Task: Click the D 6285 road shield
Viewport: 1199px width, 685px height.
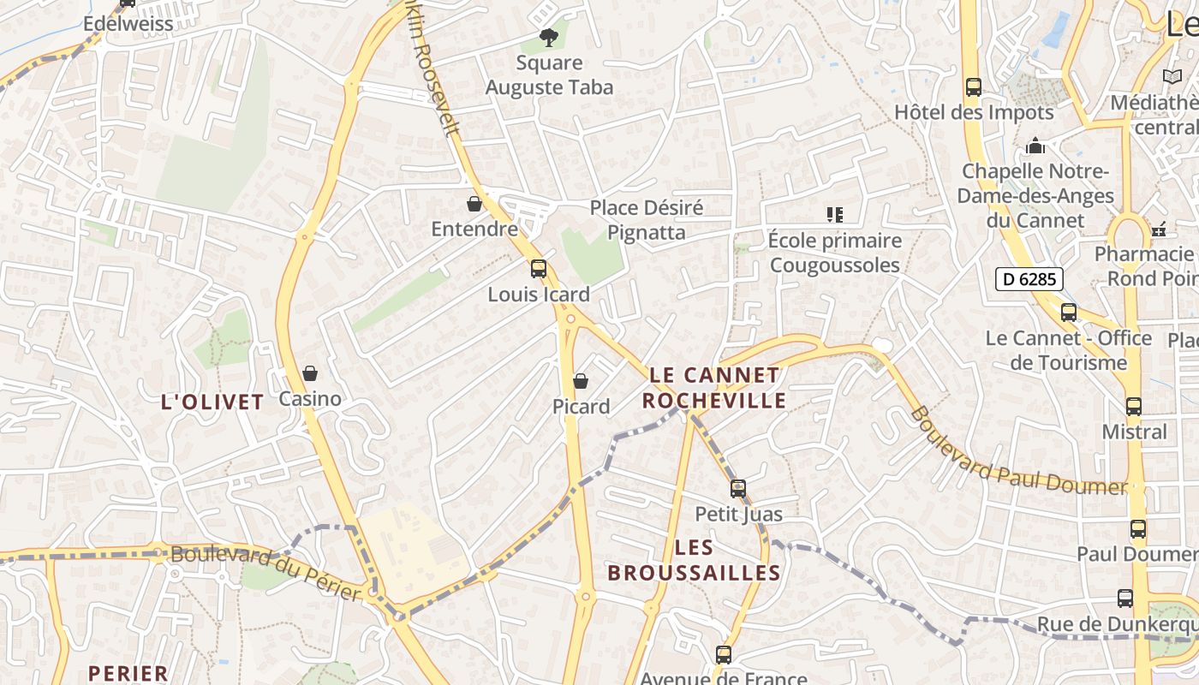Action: pyautogui.click(x=1029, y=278)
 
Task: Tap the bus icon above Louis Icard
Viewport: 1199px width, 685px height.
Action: pyautogui.click(x=538, y=269)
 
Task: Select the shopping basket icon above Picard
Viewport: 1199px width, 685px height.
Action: pyautogui.click(x=581, y=381)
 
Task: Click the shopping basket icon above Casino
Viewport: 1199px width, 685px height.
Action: pyautogui.click(x=310, y=373)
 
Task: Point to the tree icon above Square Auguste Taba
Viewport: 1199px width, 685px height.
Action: pyautogui.click(x=549, y=37)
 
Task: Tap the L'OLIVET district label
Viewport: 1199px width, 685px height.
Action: pyautogui.click(x=212, y=402)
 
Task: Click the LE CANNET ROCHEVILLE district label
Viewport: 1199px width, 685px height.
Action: pyautogui.click(x=714, y=388)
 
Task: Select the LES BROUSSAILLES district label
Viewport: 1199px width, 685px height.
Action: pyautogui.click(x=694, y=560)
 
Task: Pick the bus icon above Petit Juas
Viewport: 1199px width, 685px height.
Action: pyautogui.click(x=737, y=489)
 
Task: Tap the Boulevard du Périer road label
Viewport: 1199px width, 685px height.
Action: pyautogui.click(x=265, y=571)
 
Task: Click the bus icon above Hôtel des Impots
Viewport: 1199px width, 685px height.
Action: pyautogui.click(x=973, y=87)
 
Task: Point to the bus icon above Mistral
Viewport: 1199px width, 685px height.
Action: pyautogui.click(x=1133, y=407)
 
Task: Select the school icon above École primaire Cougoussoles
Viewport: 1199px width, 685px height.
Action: pyautogui.click(x=835, y=215)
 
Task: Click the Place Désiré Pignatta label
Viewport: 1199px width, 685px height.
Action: pyautogui.click(x=647, y=220)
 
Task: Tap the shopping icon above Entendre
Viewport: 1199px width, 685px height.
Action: pyautogui.click(x=474, y=204)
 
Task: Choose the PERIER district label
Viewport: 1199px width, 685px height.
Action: pyautogui.click(x=128, y=673)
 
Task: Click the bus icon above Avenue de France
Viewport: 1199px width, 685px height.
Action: pyautogui.click(x=724, y=655)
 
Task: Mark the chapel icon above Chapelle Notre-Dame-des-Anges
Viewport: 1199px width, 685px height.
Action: pyautogui.click(x=1035, y=146)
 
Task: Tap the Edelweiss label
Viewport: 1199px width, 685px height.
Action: pyautogui.click(x=128, y=23)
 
